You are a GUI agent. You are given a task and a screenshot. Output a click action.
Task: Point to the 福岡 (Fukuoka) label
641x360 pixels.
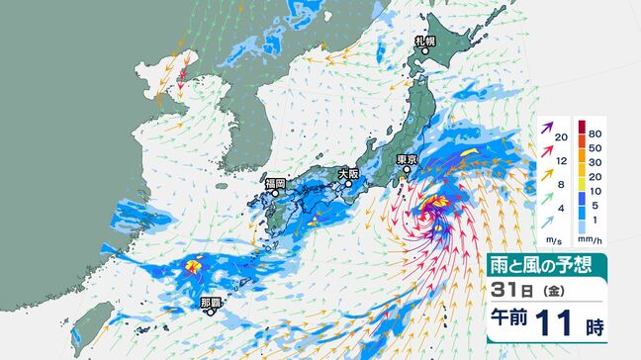pyautogui.click(x=274, y=183)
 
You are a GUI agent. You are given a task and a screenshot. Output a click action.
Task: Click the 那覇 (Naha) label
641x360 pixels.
pyautogui.click(x=211, y=301)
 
